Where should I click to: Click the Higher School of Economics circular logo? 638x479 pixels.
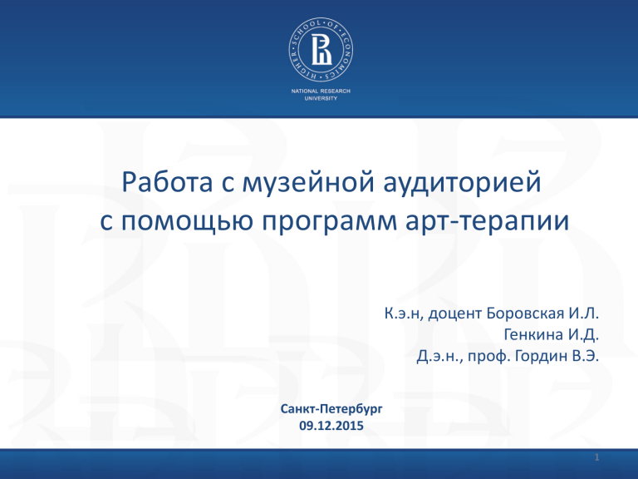[321, 49]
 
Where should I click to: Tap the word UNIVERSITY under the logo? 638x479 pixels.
[321, 98]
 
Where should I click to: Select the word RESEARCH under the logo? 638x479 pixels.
[336, 91]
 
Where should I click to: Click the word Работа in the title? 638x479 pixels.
[167, 182]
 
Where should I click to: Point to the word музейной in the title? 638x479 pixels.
[308, 183]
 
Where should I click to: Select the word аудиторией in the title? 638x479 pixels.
[462, 183]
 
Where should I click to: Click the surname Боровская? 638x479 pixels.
[525, 314]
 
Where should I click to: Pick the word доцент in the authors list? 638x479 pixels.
[455, 314]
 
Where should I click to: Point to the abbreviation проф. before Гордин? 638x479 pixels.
[489, 357]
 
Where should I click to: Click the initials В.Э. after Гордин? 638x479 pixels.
[586, 356]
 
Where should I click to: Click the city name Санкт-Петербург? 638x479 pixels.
[331, 408]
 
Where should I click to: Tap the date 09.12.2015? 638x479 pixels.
[331, 426]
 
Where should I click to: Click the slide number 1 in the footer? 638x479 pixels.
[597, 457]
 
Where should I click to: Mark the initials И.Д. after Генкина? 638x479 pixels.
[583, 335]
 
